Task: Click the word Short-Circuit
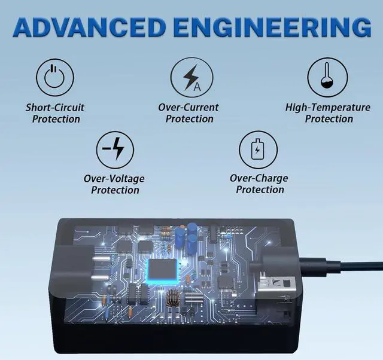pos(55,108)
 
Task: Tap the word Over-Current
pos(189,108)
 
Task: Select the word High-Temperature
pos(327,108)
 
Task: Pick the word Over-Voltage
pos(114,179)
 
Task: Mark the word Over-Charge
pos(259,178)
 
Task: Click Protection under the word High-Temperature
pos(329,119)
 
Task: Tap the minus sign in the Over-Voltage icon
pos(107,150)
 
